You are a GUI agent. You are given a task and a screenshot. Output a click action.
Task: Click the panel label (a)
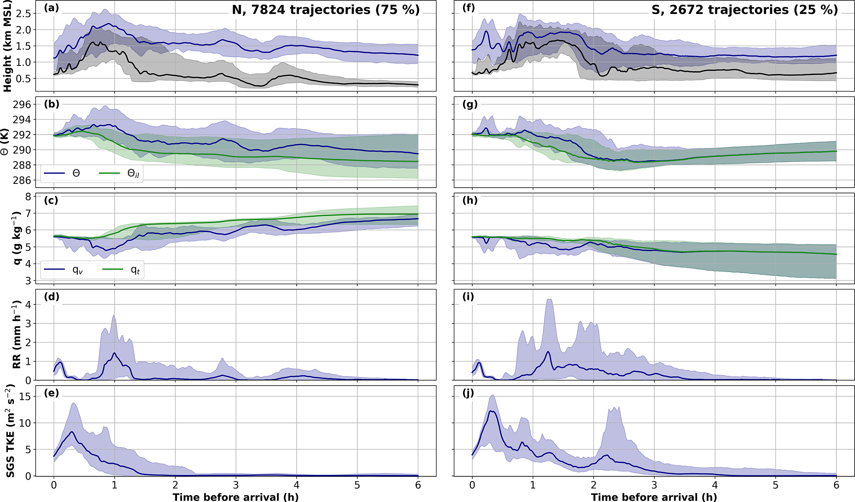click(x=52, y=8)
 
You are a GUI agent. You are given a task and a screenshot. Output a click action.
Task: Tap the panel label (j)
click(x=470, y=393)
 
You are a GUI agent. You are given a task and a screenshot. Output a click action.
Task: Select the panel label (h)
click(x=470, y=200)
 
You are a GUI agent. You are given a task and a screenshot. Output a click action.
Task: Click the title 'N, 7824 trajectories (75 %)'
click(x=326, y=10)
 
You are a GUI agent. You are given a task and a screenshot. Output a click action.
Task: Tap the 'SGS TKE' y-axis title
click(x=10, y=431)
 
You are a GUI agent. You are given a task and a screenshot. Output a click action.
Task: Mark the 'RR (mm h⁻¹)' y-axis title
click(x=16, y=335)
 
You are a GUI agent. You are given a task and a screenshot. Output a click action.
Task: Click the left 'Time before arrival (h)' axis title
click(x=235, y=497)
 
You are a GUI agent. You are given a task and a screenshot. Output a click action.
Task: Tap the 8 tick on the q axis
click(x=29, y=196)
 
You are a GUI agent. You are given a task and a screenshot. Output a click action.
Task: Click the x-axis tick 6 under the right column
click(x=836, y=485)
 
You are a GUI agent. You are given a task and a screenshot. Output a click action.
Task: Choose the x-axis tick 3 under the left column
click(x=236, y=485)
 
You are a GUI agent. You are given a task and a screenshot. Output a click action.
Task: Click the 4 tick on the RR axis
click(x=29, y=305)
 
